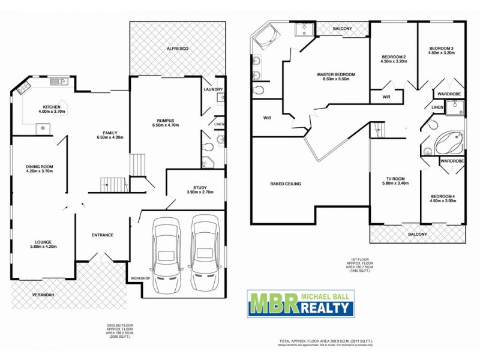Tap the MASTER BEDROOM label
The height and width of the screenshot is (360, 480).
(336, 74)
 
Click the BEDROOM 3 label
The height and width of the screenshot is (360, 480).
(441, 48)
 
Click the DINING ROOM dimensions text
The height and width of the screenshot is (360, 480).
(39, 171)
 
